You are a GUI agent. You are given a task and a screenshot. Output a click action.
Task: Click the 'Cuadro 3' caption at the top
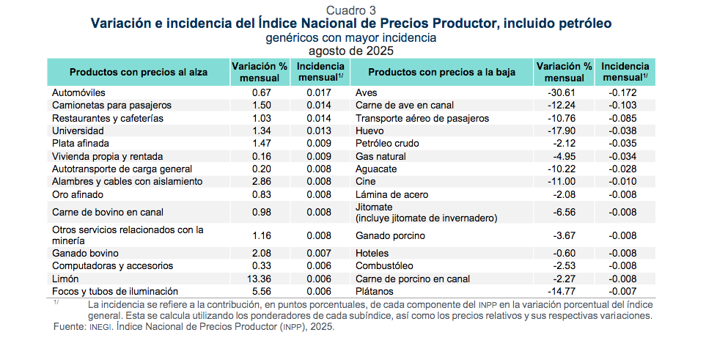(351, 10)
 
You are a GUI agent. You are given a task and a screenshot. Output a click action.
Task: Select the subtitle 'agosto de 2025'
(351, 51)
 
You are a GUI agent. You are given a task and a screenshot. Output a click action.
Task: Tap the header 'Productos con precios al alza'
(138, 72)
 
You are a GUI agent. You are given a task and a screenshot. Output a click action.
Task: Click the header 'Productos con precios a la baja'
(441, 72)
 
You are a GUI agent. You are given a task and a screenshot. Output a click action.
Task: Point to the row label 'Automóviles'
(79, 93)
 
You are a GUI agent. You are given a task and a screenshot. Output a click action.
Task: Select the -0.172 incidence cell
(622, 93)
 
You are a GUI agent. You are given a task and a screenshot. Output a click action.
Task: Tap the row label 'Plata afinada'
(82, 144)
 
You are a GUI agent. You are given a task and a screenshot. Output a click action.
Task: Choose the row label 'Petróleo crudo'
(387, 144)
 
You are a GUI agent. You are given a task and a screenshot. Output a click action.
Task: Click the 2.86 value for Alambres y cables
(262, 181)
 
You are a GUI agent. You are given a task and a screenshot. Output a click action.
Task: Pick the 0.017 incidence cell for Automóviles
(318, 93)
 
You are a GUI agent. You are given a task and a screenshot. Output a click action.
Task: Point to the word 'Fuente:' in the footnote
(70, 328)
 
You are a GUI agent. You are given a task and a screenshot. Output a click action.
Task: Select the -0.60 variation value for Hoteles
(563, 253)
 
